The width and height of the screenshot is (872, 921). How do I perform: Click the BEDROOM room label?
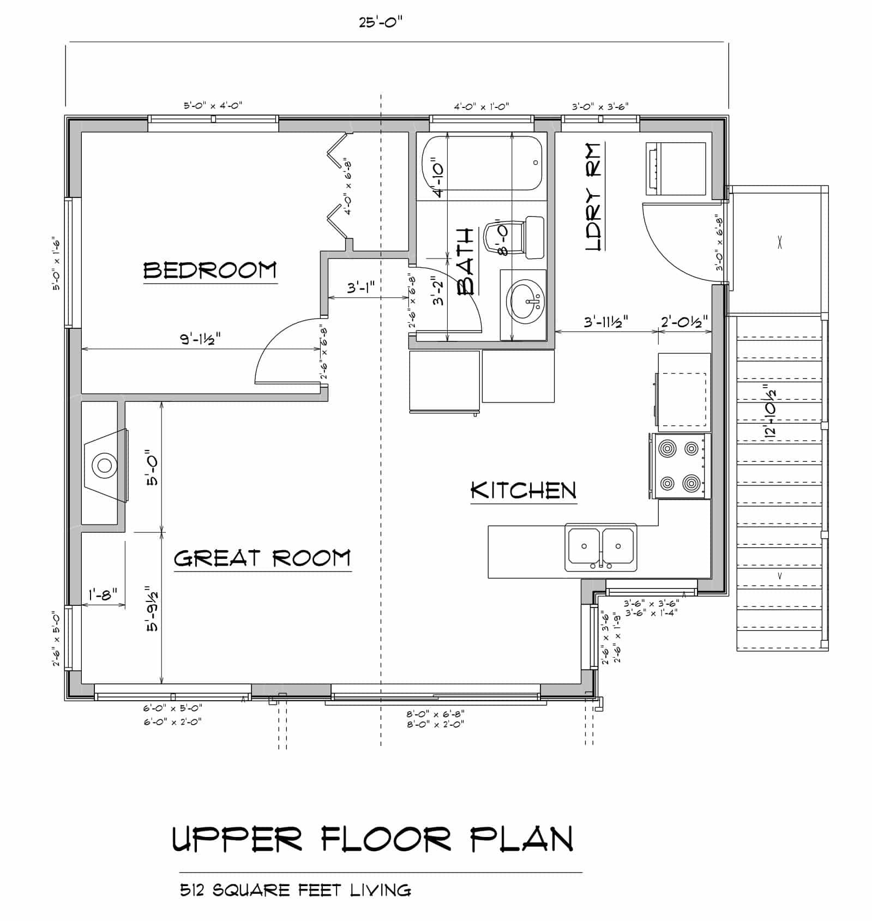[x=210, y=271]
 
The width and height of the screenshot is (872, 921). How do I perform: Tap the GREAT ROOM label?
[x=262, y=558]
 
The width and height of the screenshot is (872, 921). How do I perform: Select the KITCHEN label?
[x=524, y=491]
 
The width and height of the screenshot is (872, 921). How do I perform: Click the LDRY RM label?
[x=593, y=197]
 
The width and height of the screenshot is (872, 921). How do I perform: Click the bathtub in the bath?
[x=482, y=163]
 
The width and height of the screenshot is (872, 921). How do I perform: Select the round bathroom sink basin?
[x=527, y=300]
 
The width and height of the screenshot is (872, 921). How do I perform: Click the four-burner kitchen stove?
[x=680, y=466]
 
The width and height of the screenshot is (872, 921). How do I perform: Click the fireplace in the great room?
[x=106, y=465]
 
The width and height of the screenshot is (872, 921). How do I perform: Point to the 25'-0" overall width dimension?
[x=381, y=23]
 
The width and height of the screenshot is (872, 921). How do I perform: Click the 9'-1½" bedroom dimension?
[x=201, y=339]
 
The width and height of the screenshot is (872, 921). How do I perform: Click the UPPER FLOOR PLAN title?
[x=372, y=840]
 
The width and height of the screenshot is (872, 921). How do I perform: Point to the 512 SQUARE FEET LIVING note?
[x=295, y=890]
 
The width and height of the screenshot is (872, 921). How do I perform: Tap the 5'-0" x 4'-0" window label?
[x=213, y=106]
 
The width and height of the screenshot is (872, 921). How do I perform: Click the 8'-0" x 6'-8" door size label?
[x=435, y=714]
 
